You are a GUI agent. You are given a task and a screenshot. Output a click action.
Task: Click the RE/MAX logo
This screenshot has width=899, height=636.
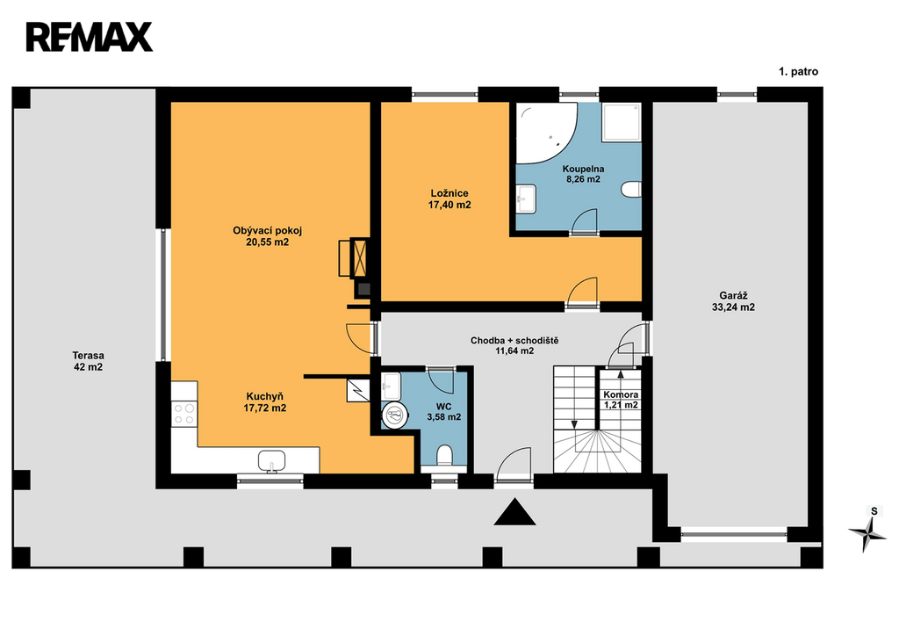click(90, 37)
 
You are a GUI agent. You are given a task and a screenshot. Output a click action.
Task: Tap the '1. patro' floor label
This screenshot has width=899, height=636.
click(798, 72)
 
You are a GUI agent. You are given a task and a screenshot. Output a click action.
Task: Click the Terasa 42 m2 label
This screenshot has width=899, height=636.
click(89, 361)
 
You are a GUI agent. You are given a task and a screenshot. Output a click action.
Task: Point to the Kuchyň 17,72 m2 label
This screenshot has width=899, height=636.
click(265, 402)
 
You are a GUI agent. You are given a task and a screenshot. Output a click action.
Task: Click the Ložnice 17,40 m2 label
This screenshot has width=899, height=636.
click(449, 199)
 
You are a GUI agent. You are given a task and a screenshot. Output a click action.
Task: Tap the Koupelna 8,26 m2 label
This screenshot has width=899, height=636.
click(583, 174)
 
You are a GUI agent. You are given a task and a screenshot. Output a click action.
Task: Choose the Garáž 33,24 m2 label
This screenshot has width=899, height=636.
click(733, 301)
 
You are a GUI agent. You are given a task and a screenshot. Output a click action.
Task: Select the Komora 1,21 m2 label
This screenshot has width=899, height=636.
click(621, 400)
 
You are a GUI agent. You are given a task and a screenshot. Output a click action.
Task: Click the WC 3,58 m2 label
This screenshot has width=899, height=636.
click(443, 412)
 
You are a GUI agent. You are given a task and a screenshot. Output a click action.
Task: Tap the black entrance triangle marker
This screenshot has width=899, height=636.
click(514, 511)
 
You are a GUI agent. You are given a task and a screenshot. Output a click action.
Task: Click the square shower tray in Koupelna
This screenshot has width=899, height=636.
click(621, 122)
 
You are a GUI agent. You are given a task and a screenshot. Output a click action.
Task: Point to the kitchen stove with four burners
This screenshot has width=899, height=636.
click(184, 414)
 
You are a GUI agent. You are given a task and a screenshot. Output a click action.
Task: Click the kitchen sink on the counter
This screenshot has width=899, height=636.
click(271, 460)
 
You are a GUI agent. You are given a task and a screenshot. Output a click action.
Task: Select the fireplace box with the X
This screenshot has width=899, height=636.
click(360, 258)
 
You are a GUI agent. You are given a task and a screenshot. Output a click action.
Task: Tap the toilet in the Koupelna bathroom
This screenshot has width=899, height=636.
click(631, 190)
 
